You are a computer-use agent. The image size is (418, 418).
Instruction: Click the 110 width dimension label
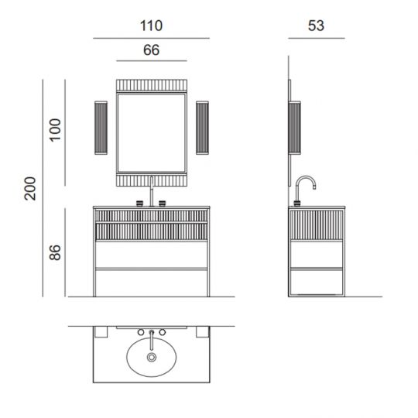(x=151, y=26)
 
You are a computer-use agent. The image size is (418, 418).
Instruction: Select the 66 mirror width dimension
(x=152, y=50)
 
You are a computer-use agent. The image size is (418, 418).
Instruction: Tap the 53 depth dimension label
(x=316, y=26)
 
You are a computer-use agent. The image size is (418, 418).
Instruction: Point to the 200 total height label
(x=30, y=188)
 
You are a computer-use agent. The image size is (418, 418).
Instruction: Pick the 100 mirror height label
(x=56, y=130)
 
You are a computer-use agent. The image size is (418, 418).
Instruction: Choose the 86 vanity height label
(x=55, y=252)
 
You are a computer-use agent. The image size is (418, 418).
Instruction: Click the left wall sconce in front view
(x=101, y=128)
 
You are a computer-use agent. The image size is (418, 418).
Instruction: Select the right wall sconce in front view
(x=202, y=128)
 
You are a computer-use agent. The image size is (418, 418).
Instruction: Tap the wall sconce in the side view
(x=295, y=128)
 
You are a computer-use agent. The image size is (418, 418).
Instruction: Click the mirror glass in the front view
(x=152, y=132)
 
